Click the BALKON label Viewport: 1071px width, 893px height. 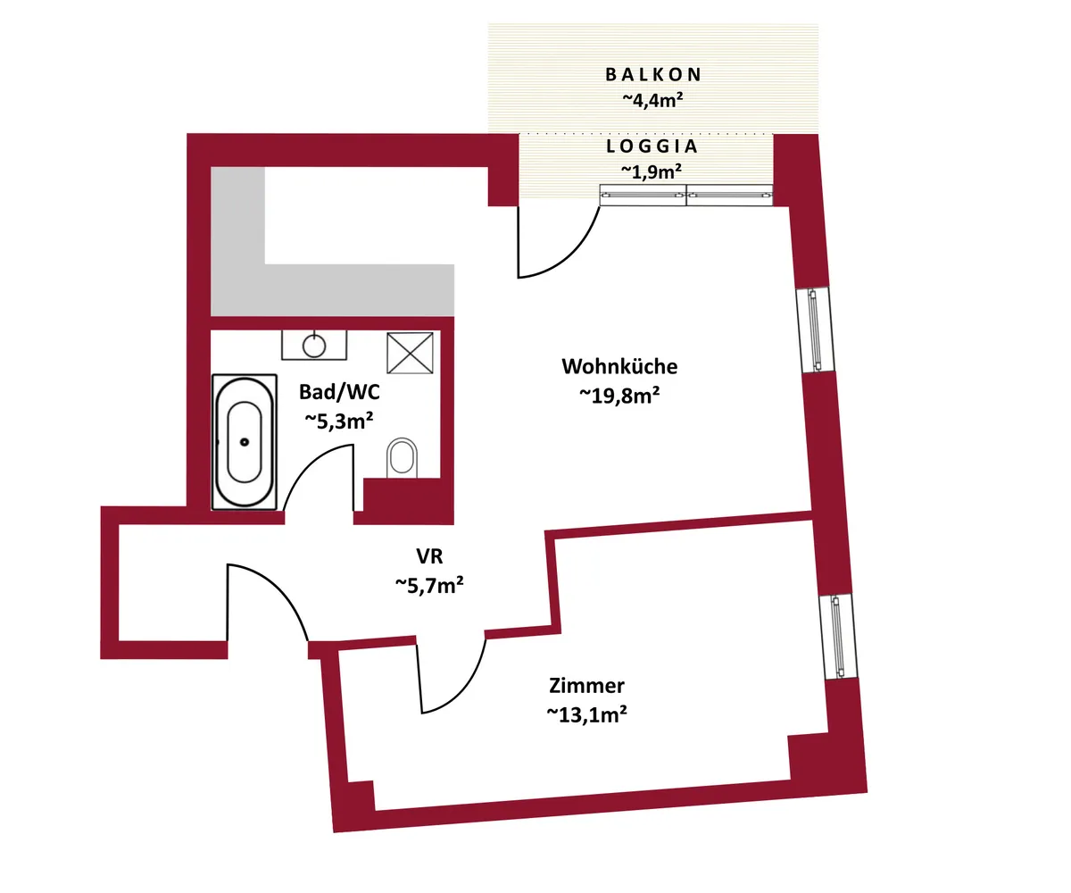pyautogui.click(x=653, y=75)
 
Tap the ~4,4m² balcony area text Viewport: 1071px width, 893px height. pyautogui.click(x=653, y=99)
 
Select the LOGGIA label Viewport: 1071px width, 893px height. pyautogui.click(x=652, y=146)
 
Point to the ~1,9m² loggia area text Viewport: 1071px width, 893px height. pyautogui.click(x=652, y=171)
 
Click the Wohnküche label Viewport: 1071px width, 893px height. pyautogui.click(x=619, y=366)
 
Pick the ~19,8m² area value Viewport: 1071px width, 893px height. pyautogui.click(x=619, y=396)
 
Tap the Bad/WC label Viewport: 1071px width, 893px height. pyautogui.click(x=339, y=392)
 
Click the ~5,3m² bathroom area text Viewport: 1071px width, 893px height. pyautogui.click(x=339, y=421)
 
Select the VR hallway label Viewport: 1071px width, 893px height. pyautogui.click(x=429, y=556)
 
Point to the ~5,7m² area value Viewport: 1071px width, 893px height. pyautogui.click(x=429, y=585)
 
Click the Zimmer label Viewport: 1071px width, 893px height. pyautogui.click(x=586, y=686)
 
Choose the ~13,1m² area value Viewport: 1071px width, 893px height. pyautogui.click(x=586, y=714)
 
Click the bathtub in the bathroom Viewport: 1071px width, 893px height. pyautogui.click(x=245, y=442)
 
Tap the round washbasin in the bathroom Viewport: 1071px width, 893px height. pyautogui.click(x=314, y=346)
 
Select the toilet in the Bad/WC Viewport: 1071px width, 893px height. pyautogui.click(x=403, y=457)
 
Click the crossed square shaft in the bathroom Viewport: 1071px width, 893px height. pyautogui.click(x=410, y=353)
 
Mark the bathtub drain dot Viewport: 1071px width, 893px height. pyautogui.click(x=245, y=442)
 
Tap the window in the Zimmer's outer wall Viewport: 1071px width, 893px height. pyautogui.click(x=839, y=637)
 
